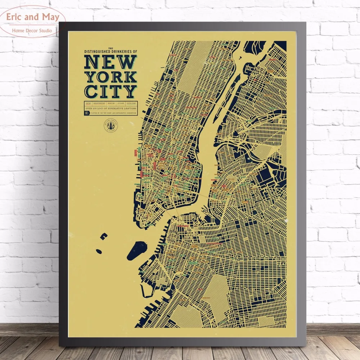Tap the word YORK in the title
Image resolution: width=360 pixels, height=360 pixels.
[x=110, y=77]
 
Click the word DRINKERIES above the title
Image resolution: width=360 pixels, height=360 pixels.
[x=123, y=52]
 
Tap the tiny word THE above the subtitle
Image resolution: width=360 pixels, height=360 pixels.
[x=110, y=49]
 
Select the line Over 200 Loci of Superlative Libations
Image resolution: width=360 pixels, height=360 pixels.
[x=110, y=108]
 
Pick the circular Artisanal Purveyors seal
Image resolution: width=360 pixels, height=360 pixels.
[x=111, y=126]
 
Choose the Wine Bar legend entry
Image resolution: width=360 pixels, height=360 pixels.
[x=89, y=104]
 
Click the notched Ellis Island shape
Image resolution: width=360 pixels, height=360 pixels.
[x=104, y=236]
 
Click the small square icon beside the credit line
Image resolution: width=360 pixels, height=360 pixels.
[x=86, y=113]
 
